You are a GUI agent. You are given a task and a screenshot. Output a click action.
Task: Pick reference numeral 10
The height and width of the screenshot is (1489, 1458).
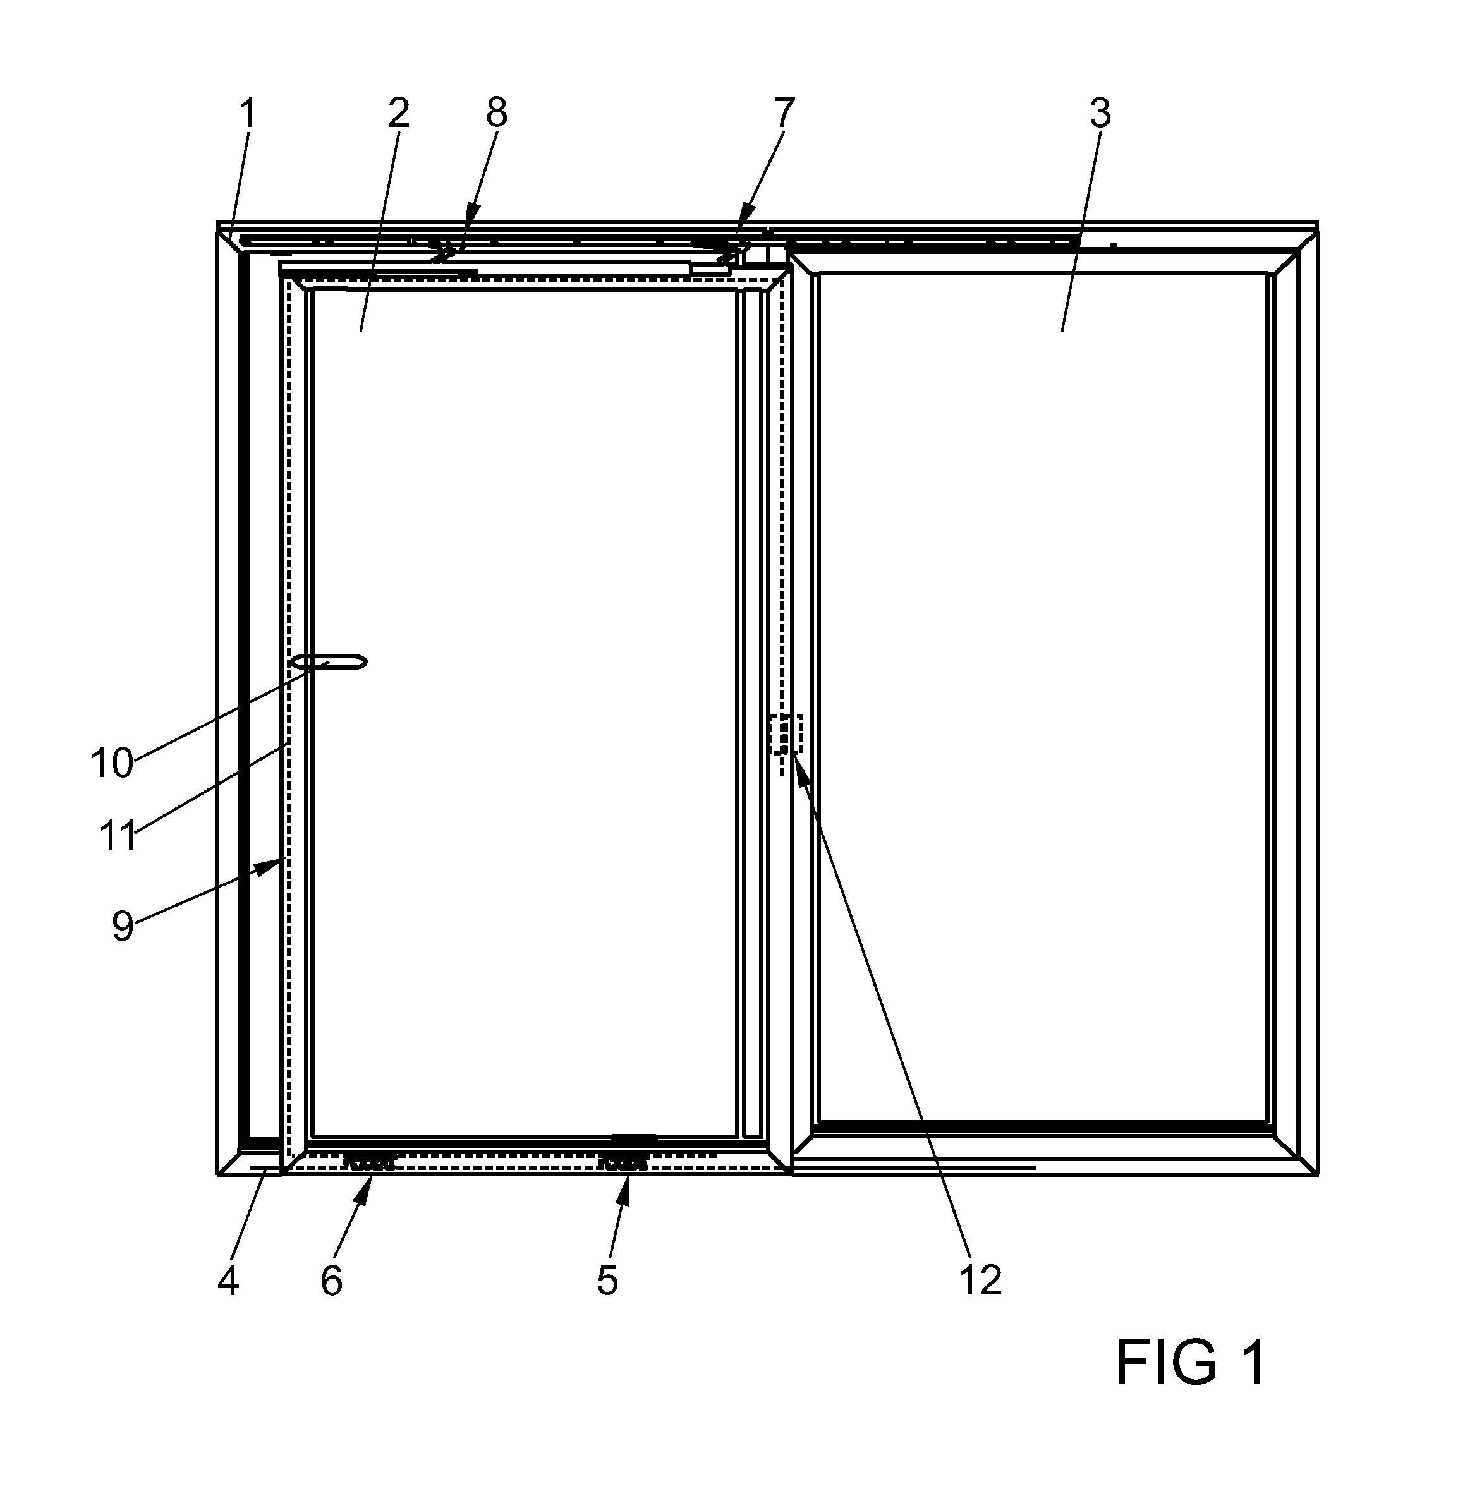(112, 763)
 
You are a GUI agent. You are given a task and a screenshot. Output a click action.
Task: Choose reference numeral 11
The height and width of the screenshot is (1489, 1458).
(118, 836)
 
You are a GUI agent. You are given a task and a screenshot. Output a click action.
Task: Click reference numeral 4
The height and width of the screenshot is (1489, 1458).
(228, 1280)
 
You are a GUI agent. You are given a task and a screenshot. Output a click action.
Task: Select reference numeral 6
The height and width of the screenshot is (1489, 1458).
(332, 1280)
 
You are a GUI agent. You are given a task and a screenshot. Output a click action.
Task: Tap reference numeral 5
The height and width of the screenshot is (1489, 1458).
(607, 1280)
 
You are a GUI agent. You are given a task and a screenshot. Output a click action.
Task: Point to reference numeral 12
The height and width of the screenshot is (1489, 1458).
(980, 1280)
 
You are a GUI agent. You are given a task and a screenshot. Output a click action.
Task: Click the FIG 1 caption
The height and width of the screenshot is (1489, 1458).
(1191, 1363)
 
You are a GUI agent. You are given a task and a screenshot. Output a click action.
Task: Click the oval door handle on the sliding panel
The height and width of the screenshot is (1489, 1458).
(330, 662)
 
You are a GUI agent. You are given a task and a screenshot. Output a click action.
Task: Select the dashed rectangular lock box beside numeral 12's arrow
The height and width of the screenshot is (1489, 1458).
(786, 733)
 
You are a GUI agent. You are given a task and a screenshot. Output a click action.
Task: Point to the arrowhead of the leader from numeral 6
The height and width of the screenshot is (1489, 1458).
(366, 1188)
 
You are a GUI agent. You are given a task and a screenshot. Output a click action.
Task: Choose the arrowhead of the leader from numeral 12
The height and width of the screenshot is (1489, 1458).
(799, 770)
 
